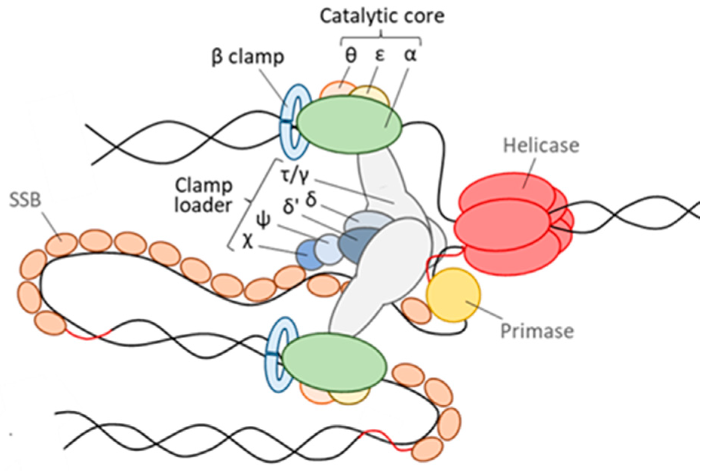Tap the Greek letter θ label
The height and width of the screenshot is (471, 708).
click(350, 55)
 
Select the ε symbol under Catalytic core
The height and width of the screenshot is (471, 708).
click(379, 55)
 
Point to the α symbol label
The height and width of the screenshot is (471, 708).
click(410, 55)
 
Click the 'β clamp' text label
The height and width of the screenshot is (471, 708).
click(247, 57)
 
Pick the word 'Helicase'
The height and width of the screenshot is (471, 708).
click(541, 146)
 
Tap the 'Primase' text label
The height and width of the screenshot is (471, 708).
click(537, 331)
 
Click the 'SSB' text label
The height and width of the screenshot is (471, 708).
click(25, 200)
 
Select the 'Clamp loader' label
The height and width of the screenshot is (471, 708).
click(204, 195)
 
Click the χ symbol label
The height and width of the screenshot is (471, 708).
click(247, 242)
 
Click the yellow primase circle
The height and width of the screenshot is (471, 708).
click(453, 295)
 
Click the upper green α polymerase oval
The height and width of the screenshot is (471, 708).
click(349, 124)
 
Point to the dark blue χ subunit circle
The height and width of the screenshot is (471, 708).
click(308, 255)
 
